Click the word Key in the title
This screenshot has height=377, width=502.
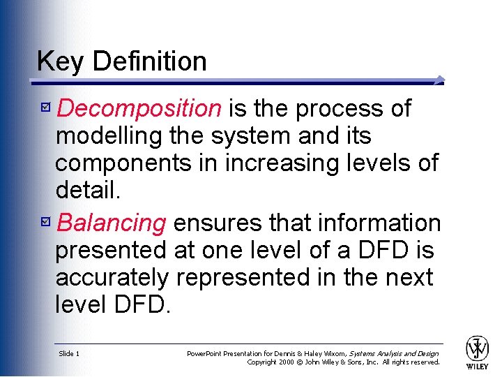pos(60,61)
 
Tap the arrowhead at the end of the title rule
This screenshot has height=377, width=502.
pos(440,80)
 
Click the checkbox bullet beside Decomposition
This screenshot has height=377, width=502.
pos(46,106)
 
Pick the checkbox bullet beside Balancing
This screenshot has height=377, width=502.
pos(46,221)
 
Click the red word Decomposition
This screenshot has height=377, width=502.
pos(139,109)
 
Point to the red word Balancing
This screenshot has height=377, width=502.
pos(111,223)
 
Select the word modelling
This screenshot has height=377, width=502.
pos(109,136)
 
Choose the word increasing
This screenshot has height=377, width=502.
pos(282,163)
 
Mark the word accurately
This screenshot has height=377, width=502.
pos(112,278)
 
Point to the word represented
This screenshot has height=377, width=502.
pos(243,278)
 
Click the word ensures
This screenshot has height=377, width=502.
pos(218,223)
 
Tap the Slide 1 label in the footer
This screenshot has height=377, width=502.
pos(69,353)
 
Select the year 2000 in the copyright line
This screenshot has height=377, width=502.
pos(287,362)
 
